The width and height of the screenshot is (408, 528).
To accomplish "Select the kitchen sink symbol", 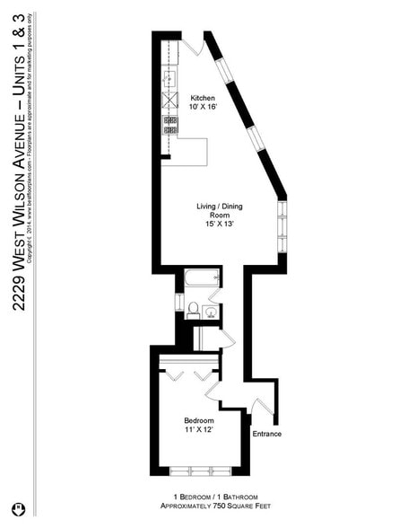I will (x=169, y=78).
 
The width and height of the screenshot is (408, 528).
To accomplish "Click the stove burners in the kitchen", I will (x=169, y=125).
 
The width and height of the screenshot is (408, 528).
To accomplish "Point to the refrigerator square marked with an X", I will (x=169, y=101).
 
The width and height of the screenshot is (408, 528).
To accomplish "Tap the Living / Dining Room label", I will (x=219, y=211).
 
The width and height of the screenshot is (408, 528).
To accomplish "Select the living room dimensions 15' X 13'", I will (x=219, y=225).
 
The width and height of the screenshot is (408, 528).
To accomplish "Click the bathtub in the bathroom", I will (x=201, y=277).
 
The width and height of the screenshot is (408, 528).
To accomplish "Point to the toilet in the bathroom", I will (x=192, y=311).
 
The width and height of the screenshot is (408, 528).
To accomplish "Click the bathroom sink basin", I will (x=211, y=312).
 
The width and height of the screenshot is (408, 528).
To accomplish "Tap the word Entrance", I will (x=266, y=435).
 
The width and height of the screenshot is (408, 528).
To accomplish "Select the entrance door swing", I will (x=262, y=407).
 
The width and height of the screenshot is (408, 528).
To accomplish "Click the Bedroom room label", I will (x=198, y=420).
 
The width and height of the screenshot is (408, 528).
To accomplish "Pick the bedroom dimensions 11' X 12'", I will (x=198, y=430).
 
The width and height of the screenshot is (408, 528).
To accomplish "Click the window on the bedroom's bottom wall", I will (x=201, y=471).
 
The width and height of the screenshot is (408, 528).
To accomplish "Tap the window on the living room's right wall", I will (x=282, y=227).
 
